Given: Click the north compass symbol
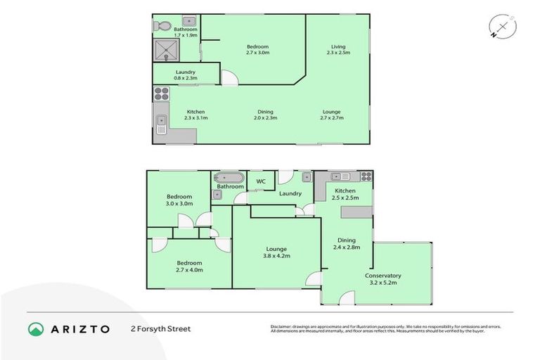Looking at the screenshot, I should (x=502, y=27).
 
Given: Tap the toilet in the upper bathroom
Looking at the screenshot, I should (x=163, y=26).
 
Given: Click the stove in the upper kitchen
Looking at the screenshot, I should (x=161, y=92).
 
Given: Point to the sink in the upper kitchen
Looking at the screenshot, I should (x=161, y=124).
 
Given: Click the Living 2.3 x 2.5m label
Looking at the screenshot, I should (x=339, y=50).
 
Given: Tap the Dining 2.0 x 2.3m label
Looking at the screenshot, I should (x=265, y=115).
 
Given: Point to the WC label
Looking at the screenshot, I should (x=260, y=181).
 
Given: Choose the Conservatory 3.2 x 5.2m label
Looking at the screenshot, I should (x=383, y=279).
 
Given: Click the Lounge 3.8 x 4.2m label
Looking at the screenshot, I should (x=276, y=252).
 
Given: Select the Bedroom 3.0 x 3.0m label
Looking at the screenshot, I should (x=179, y=200).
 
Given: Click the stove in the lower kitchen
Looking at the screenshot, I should (x=366, y=176).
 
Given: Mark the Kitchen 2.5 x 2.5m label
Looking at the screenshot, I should (x=345, y=194).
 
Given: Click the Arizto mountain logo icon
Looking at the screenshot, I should (x=36, y=328).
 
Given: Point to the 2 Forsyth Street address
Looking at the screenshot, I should (x=160, y=328).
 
